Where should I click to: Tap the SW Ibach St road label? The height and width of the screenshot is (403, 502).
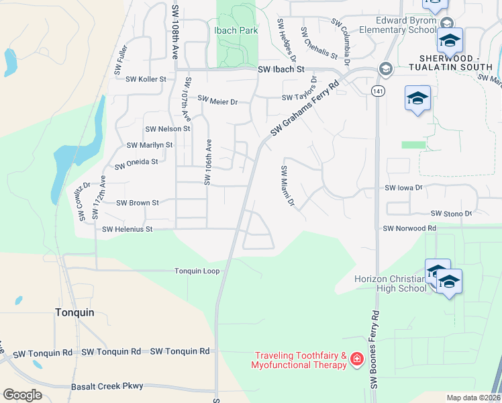[x=281, y=69]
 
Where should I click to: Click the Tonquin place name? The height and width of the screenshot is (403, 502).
[x=74, y=312]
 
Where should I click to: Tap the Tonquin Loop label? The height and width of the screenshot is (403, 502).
[x=197, y=271]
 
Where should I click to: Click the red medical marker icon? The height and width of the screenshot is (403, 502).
[x=356, y=360]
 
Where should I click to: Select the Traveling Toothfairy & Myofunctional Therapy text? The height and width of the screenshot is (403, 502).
[x=299, y=360]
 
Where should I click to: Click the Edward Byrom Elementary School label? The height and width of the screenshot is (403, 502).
[x=398, y=26]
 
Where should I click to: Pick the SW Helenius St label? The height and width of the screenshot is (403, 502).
[x=128, y=230]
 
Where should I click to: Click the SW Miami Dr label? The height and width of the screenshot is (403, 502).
[x=287, y=185]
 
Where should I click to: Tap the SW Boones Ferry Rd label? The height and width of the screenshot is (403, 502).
[x=374, y=349]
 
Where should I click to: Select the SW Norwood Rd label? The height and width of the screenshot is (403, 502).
[x=409, y=228]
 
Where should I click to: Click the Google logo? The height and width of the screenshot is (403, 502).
[x=22, y=395]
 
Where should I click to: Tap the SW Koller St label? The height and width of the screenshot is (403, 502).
[x=146, y=79]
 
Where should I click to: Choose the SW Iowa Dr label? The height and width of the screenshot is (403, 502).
[x=403, y=189]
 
